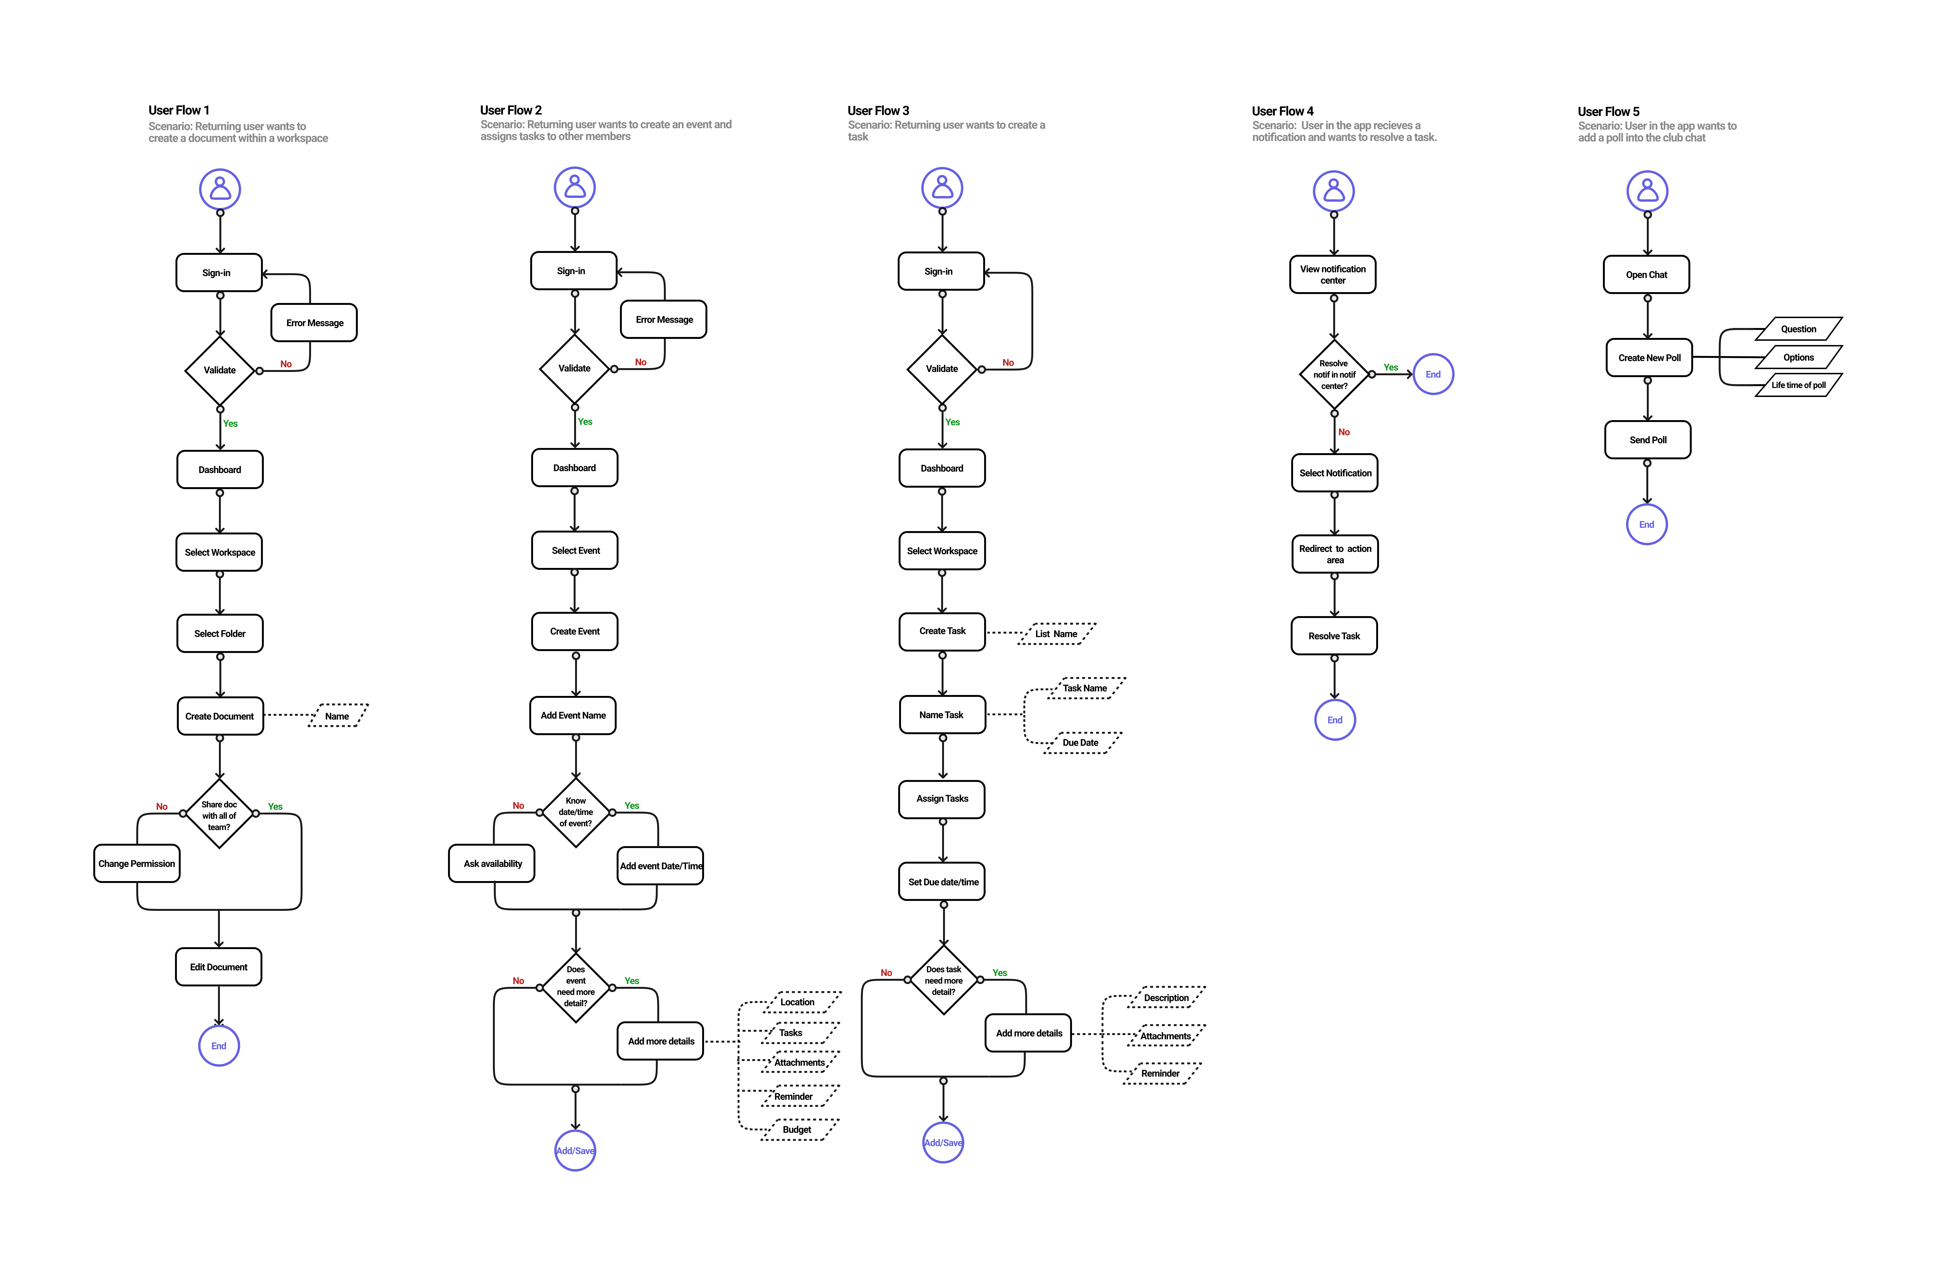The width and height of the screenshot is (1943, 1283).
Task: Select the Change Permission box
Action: point(137,863)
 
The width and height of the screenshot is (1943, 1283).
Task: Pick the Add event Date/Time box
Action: point(660,866)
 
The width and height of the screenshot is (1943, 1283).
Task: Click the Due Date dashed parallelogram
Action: point(1081,742)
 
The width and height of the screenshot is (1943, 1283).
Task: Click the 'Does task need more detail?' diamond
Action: point(943,980)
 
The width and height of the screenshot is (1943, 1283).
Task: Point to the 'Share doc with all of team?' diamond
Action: point(219,814)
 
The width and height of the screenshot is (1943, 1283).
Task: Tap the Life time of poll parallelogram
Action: point(1798,385)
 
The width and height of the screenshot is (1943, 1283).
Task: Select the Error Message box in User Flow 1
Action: point(314,322)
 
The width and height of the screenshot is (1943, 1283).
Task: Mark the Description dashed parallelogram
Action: point(1167,997)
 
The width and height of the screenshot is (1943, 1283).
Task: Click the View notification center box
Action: point(1333,274)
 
